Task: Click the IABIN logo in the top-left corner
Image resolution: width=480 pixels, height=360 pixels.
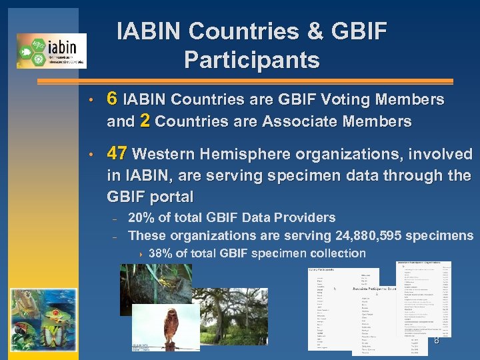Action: pos(51,51)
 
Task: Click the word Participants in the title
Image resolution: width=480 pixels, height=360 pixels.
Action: pos(251,60)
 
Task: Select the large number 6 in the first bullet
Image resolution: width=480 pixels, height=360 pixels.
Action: pos(113,99)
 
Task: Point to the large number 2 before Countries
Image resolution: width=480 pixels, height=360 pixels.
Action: pos(145,121)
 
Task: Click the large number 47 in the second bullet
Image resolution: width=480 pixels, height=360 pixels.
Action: pos(117,154)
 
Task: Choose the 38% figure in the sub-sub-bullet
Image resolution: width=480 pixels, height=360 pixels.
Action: pos(161,253)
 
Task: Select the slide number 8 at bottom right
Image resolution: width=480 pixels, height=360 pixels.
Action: pos(437,341)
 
